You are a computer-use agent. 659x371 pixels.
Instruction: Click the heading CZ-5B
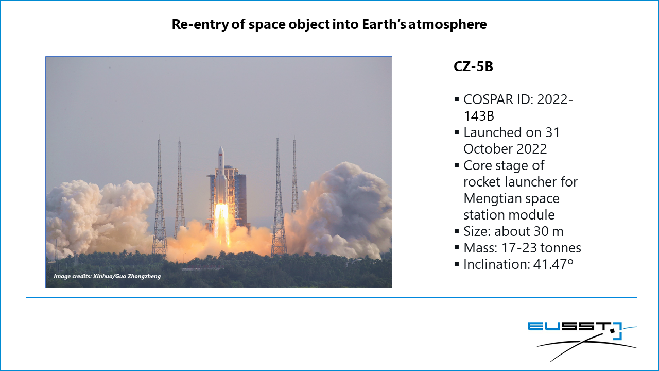click(x=473, y=66)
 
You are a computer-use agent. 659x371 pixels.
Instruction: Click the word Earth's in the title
click(x=384, y=24)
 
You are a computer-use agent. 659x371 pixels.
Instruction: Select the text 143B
click(x=479, y=116)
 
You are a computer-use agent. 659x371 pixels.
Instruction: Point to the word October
click(x=488, y=149)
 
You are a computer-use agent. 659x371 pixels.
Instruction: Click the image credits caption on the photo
click(x=107, y=276)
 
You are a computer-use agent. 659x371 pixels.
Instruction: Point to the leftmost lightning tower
click(x=159, y=196)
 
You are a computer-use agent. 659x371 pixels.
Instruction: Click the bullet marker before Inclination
click(x=457, y=264)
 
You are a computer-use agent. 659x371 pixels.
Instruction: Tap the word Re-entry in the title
click(x=200, y=24)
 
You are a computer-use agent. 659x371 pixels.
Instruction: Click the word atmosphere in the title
click(x=447, y=24)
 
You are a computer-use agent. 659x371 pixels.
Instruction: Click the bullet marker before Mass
click(x=457, y=247)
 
